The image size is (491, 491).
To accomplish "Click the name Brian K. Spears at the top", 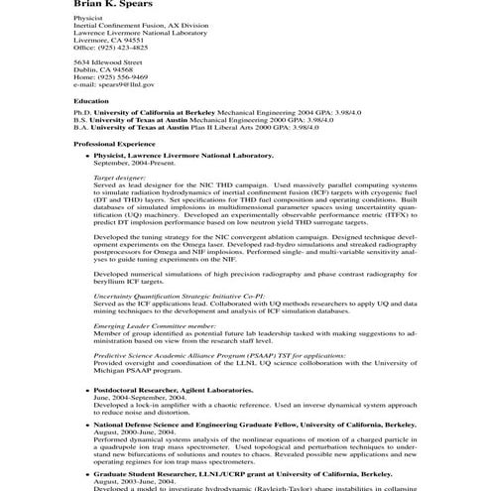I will pyautogui.click(x=115, y=5).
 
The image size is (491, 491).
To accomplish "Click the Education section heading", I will pyautogui.click(x=91, y=101).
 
